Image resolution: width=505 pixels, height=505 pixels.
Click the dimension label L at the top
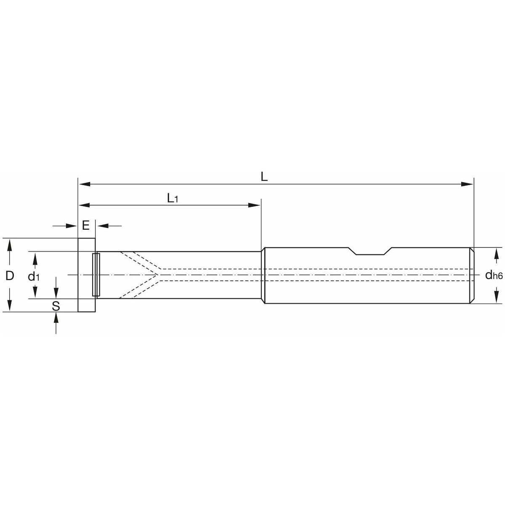coord(264,178)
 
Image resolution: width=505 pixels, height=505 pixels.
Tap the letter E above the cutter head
coord(86,225)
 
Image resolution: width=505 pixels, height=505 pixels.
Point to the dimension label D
coord(10,275)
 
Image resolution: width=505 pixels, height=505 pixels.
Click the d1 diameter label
coord(34,276)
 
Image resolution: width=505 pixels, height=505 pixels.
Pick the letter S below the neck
coord(56,306)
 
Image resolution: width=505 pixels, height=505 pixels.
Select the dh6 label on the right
coord(494,275)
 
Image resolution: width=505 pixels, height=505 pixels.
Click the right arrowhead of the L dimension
coord(467,184)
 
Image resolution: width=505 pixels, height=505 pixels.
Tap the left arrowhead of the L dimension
coord(85,184)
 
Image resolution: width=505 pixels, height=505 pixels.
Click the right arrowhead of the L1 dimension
coord(255,205)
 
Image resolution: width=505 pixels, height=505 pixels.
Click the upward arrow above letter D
coord(10,252)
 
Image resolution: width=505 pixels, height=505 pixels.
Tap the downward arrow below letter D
coord(10,299)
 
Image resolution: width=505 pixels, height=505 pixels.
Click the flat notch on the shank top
coord(370,254)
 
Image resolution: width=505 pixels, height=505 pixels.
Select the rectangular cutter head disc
coord(87,275)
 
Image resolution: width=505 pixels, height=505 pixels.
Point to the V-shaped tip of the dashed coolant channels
coord(157,275)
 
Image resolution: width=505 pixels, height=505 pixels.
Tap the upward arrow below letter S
coord(56,323)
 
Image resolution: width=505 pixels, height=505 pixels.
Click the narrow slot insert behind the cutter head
coord(96,275)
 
